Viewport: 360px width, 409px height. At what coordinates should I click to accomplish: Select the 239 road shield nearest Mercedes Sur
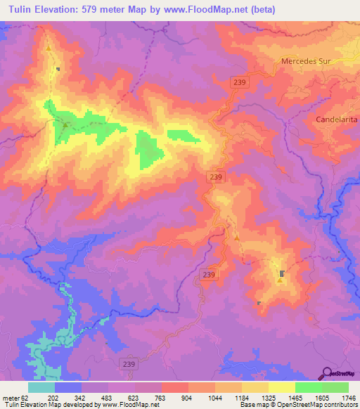coord(240,83)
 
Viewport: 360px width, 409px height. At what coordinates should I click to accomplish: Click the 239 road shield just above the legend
coord(127,365)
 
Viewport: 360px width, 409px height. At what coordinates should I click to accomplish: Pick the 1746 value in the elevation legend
coord(348,397)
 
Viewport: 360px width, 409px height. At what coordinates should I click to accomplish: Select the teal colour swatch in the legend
coord(41,387)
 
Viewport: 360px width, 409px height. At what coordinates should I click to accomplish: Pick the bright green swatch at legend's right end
coord(335,387)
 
